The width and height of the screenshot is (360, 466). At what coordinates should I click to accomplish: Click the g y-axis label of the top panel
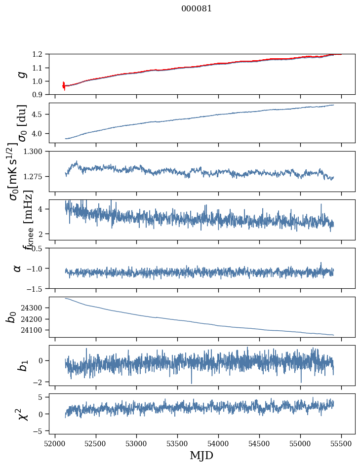click(21, 74)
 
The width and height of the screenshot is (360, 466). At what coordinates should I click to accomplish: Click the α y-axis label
click(18, 268)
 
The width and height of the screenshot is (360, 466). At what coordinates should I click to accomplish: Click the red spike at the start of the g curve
click(64, 85)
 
